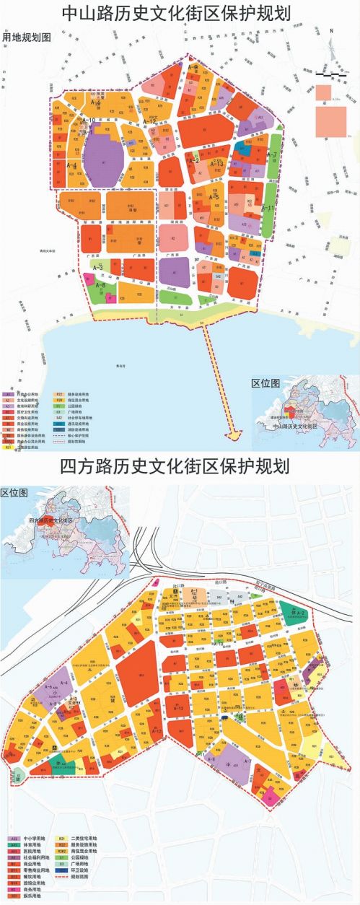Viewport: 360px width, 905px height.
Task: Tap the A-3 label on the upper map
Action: (x=98, y=268)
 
